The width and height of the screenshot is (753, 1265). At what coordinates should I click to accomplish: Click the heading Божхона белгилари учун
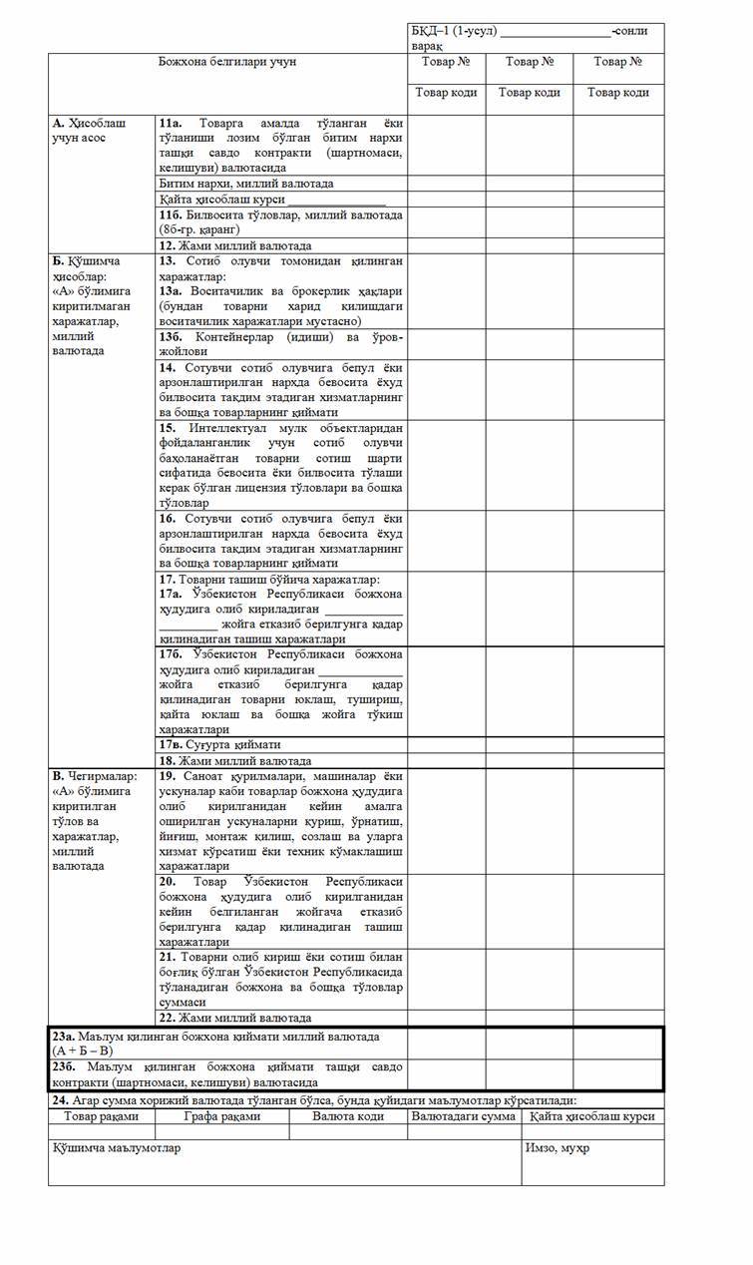[227, 62]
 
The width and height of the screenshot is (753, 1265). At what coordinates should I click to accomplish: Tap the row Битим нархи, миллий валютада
[246, 184]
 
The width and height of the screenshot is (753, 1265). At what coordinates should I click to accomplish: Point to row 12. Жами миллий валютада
[235, 245]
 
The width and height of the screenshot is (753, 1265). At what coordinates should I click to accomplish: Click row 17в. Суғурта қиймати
[220, 744]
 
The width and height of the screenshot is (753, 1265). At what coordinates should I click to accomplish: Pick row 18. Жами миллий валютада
[235, 760]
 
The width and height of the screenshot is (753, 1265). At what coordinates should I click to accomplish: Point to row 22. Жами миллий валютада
[235, 1019]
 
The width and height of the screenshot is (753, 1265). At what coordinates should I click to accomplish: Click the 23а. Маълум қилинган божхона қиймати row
[216, 1043]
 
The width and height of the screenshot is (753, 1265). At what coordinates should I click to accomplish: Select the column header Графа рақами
[222, 1116]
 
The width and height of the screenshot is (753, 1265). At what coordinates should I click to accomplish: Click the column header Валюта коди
[348, 1116]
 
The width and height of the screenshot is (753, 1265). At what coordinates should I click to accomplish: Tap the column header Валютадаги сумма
[464, 1116]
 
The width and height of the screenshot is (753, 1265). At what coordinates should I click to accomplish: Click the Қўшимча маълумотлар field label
[117, 1147]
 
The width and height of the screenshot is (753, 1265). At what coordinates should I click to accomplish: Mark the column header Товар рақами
[101, 1116]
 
